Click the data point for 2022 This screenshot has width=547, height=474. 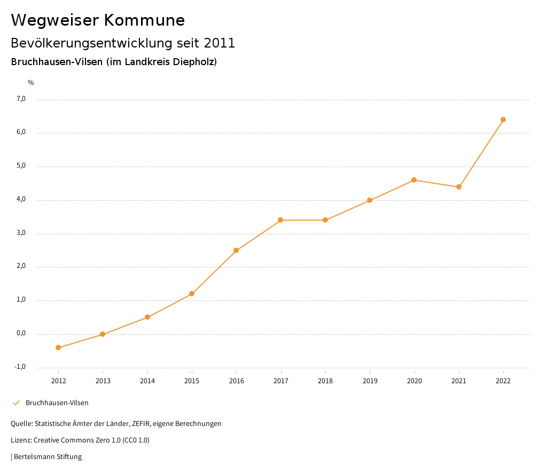coord(503,120)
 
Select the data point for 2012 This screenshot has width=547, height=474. coord(58,347)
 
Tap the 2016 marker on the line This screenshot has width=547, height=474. coord(236,250)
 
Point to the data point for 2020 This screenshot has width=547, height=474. coord(414,180)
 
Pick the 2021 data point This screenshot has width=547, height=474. coord(459,187)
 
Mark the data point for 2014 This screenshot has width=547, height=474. coord(147,317)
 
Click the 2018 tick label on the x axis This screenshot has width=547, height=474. coord(325,381)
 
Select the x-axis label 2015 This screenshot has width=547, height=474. coord(192,381)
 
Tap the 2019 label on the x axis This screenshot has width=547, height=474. coord(370,381)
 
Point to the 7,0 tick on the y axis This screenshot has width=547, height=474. coord(21,99)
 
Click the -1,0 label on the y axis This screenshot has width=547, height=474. coord(20,367)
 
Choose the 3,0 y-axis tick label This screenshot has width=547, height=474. coord(21,233)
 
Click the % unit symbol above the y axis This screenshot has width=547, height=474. coord(31,82)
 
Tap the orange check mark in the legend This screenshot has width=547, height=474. coord(16,403)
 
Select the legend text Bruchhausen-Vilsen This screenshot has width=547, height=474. coord(57,403)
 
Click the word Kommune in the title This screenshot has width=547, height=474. coord(145,20)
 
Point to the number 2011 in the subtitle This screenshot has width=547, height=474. coord(220,43)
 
